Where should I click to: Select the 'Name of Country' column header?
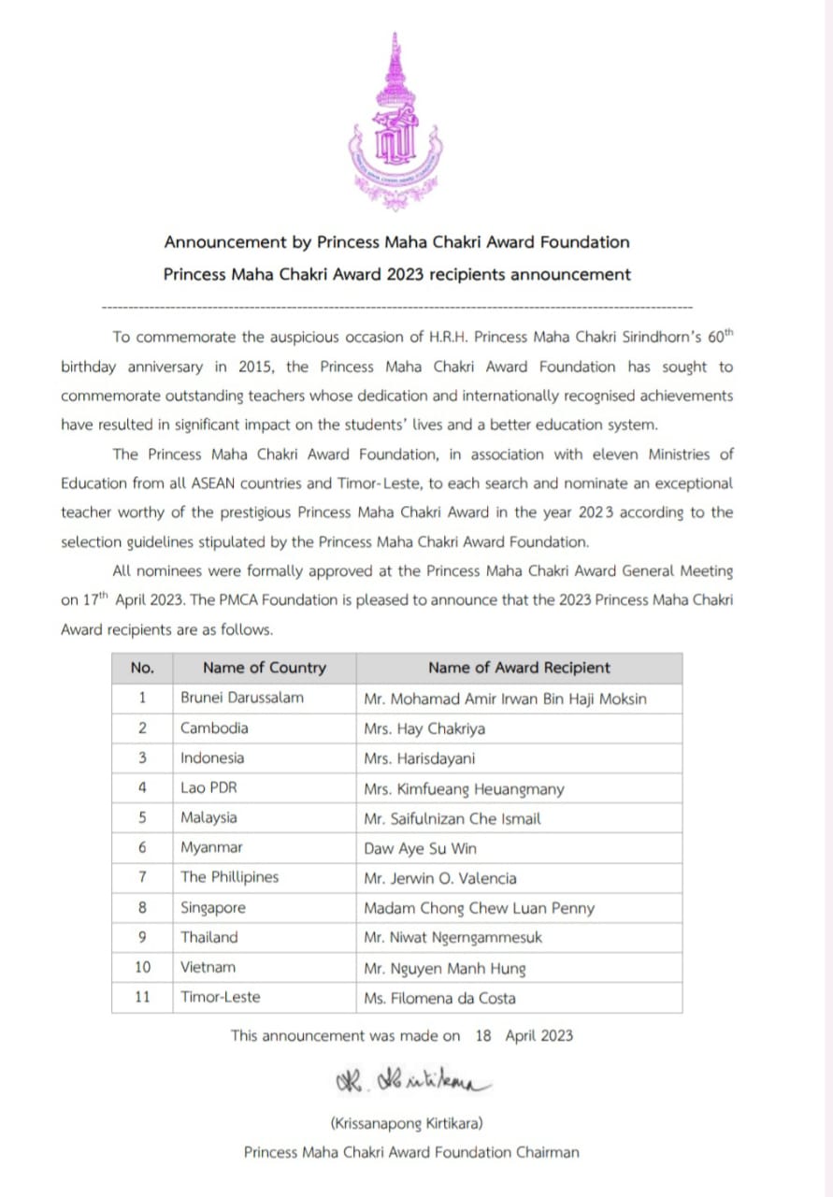click(264, 668)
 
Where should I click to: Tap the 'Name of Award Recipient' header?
click(518, 668)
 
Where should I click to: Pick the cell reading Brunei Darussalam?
click(242, 698)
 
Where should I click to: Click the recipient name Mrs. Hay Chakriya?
click(424, 728)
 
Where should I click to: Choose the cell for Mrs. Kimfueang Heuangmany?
click(464, 789)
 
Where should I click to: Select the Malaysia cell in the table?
click(208, 818)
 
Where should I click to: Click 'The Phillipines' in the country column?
click(230, 878)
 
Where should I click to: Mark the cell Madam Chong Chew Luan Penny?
click(479, 908)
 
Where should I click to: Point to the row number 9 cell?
click(142, 937)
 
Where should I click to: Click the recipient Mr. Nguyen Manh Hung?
click(444, 968)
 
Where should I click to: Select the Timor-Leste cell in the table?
click(221, 998)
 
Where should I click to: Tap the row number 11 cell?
click(142, 998)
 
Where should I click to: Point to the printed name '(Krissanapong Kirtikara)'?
click(407, 1122)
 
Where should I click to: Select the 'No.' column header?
click(142, 668)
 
